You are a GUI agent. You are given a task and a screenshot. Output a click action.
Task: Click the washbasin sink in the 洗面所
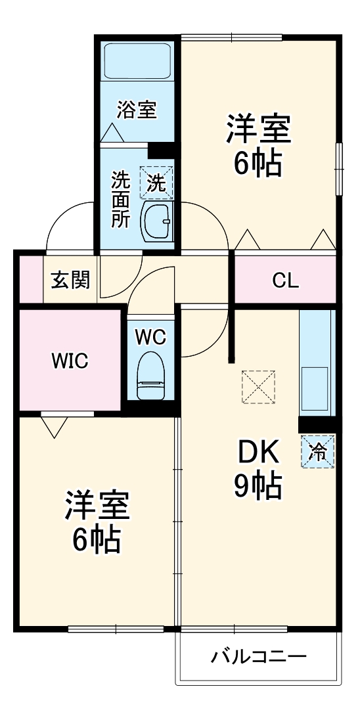pyautogui.click(x=156, y=221)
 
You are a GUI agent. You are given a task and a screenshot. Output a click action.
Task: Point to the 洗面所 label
pyautogui.click(x=120, y=200)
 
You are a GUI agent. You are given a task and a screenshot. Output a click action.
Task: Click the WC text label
pyautogui.click(x=150, y=337)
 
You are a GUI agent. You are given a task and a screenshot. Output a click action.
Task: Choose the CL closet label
pyautogui.click(x=285, y=280)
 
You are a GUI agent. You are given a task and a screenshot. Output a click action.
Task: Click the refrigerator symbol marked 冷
pyautogui.click(x=317, y=452)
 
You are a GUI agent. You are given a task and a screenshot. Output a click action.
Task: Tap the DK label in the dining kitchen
pyautogui.click(x=258, y=452)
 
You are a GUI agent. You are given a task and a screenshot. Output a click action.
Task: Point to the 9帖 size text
pyautogui.click(x=258, y=486)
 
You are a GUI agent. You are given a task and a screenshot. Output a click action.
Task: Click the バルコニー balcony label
pyautogui.click(x=259, y=656)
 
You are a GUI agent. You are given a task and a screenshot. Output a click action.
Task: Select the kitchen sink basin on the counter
pyautogui.click(x=316, y=389)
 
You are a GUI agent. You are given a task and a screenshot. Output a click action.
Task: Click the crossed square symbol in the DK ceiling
pyautogui.click(x=259, y=388)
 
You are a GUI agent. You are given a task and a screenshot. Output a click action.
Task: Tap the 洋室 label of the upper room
pyautogui.click(x=258, y=129)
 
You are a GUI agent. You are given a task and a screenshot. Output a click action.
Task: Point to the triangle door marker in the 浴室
pyautogui.click(x=110, y=133)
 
